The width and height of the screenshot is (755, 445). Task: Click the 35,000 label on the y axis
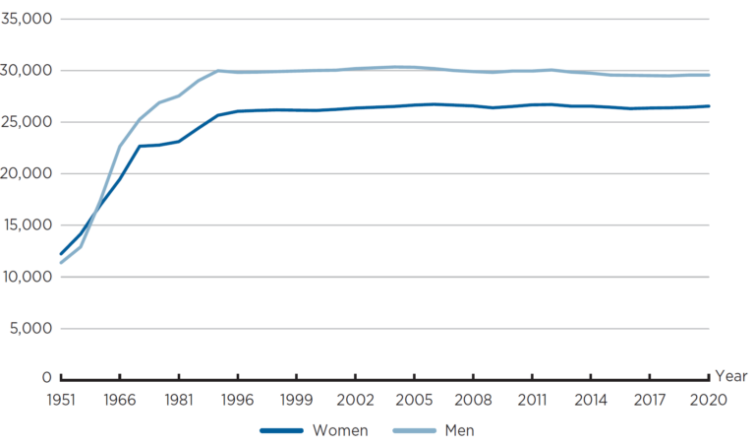[x=27, y=19]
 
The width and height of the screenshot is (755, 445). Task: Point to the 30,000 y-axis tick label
[x=27, y=71]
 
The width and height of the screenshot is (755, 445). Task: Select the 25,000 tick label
[x=27, y=122]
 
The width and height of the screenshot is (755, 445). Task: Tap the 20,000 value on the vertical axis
[x=27, y=173]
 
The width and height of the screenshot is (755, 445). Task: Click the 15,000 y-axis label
[x=27, y=224]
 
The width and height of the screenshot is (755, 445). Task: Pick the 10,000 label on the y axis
[x=27, y=277]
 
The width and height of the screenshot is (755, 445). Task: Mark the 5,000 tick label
[x=30, y=328]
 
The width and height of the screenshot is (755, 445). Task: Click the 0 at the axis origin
[x=46, y=378]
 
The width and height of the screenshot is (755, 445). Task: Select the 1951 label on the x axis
[x=61, y=401]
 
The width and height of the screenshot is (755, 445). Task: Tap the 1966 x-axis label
[x=120, y=401]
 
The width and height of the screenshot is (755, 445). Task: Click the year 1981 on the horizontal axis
[x=179, y=401]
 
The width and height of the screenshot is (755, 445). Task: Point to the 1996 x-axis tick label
[x=238, y=401]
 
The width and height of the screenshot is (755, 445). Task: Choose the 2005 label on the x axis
[x=414, y=401]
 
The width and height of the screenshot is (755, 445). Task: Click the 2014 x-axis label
[x=591, y=401]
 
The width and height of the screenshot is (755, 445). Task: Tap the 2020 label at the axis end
[x=708, y=401]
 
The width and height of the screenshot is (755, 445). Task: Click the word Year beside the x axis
[x=731, y=376]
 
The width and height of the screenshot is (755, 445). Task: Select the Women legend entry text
[x=339, y=430]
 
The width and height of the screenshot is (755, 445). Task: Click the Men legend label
[x=459, y=430]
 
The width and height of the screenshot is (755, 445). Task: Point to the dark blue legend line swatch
[x=281, y=430]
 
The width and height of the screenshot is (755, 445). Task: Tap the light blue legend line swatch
[x=414, y=430]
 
